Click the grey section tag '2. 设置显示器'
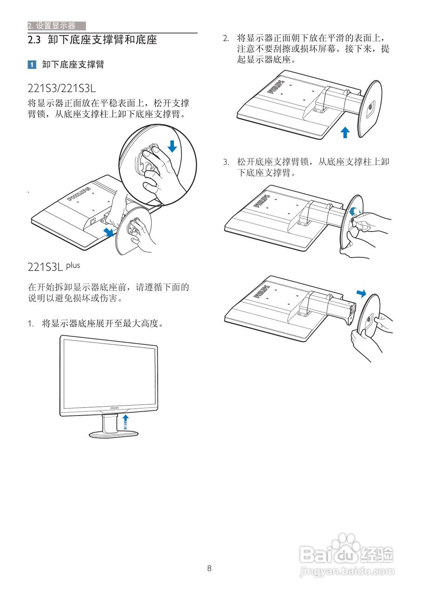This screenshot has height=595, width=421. pos(52,26)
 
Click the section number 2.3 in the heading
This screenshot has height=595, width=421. pos(35,40)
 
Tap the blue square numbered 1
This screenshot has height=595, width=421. pos(32,65)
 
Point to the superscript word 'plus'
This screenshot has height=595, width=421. pos(73,265)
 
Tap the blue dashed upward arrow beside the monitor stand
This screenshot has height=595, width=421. pos(125,423)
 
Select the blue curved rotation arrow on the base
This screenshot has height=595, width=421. pos(355,211)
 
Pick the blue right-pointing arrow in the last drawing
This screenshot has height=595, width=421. pos(361,293)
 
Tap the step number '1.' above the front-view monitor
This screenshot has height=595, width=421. pos(31,323)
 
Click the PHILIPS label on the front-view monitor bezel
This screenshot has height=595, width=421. pos(114,408)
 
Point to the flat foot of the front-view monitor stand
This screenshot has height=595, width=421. pos(114,435)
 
